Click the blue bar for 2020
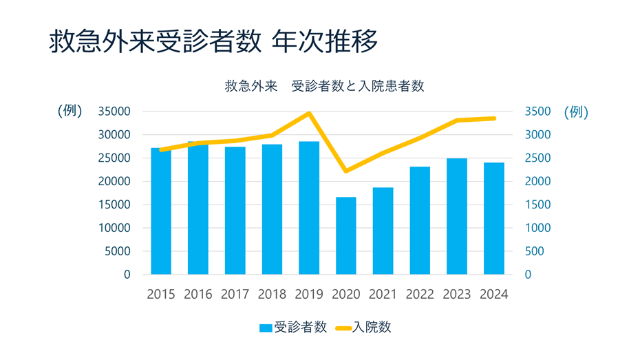(346, 236)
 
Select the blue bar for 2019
(309, 208)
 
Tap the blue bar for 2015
(161, 211)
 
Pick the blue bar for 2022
(420, 220)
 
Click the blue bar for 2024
(494, 218)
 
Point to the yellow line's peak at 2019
(309, 114)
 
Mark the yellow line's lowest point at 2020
(346, 171)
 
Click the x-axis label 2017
(235, 294)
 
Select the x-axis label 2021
(383, 294)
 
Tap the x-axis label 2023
(457, 294)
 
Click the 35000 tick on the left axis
(114, 112)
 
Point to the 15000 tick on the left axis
(114, 204)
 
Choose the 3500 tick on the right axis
(537, 112)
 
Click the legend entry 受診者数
(293, 328)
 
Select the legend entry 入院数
(364, 328)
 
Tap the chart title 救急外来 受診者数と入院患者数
(324, 87)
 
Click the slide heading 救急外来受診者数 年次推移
(213, 41)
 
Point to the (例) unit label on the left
(70, 112)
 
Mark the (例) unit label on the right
(576, 112)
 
